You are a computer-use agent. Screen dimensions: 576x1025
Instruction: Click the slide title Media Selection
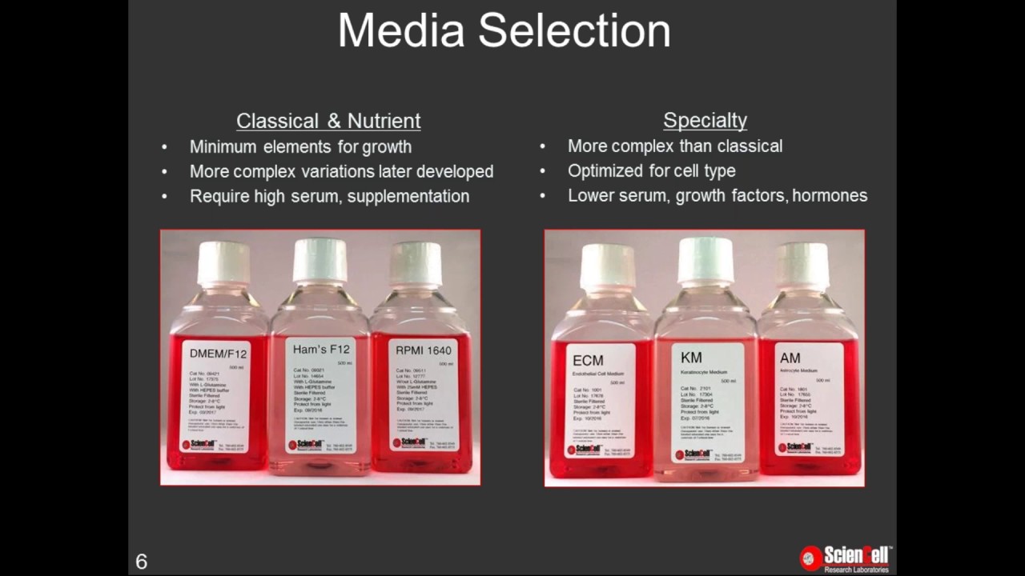(x=504, y=31)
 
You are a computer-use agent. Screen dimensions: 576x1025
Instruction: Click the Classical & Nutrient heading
(x=328, y=121)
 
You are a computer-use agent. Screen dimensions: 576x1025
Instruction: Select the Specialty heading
(x=705, y=121)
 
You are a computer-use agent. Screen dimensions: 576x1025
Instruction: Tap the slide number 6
(x=142, y=562)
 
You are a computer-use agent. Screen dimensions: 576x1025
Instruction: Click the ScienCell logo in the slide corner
(x=846, y=558)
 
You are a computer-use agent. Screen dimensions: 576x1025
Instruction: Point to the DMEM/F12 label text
(x=218, y=354)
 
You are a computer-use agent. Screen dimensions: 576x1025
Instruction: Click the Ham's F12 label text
(x=320, y=350)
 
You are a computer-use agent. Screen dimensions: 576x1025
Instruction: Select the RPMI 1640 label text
(x=424, y=350)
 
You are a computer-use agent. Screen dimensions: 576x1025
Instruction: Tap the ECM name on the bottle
(x=589, y=360)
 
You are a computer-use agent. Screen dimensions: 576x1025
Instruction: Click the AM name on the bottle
(x=790, y=358)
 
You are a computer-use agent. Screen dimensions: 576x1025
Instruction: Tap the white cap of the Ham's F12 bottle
(x=320, y=260)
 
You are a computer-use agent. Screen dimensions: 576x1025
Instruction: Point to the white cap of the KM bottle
(x=705, y=260)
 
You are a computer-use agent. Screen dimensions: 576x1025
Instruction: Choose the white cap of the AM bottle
(x=802, y=265)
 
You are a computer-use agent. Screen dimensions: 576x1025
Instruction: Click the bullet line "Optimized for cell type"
(x=651, y=171)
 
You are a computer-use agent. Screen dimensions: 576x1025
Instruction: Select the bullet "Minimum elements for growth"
(x=300, y=147)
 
